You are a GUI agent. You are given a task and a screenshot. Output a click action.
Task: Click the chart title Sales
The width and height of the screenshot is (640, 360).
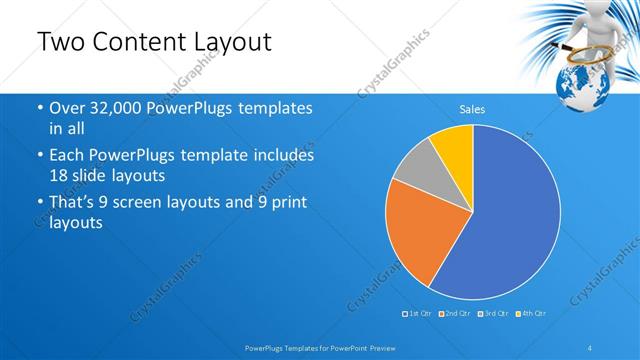(x=472, y=109)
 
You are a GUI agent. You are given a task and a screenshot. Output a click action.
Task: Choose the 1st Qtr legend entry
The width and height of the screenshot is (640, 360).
(x=416, y=313)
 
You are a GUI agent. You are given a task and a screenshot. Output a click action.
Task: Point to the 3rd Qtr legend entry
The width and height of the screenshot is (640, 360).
(x=491, y=313)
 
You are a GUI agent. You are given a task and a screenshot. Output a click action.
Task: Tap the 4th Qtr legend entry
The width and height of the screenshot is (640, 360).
(x=529, y=313)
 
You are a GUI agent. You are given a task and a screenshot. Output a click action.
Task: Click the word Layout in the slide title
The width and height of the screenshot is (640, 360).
(x=225, y=42)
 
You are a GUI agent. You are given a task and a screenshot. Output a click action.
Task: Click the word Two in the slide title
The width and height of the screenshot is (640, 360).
(x=59, y=42)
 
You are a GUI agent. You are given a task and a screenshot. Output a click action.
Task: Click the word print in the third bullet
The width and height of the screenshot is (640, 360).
(x=285, y=203)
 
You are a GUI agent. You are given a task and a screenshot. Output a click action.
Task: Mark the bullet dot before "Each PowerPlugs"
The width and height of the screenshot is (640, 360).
(x=39, y=157)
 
